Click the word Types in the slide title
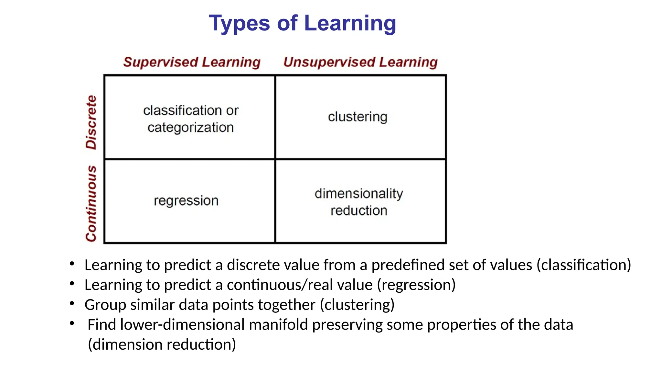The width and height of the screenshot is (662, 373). click(x=239, y=24)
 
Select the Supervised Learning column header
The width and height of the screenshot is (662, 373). click(x=192, y=62)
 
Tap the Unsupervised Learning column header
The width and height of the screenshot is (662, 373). click(x=360, y=62)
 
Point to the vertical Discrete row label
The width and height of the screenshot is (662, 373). click(x=91, y=122)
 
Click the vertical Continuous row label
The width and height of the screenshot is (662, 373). click(x=91, y=204)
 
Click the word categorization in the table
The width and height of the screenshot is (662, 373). click(x=190, y=128)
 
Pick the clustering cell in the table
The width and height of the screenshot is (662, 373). click(x=358, y=117)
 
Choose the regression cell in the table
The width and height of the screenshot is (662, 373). click(x=186, y=201)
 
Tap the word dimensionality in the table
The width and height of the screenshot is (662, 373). click(x=359, y=194)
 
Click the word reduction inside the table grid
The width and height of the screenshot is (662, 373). click(x=359, y=211)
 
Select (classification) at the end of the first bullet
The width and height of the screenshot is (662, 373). click(x=584, y=265)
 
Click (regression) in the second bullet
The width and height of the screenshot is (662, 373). click(x=416, y=285)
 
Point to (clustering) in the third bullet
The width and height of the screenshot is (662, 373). click(x=357, y=305)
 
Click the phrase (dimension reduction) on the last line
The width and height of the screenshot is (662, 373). click(x=162, y=345)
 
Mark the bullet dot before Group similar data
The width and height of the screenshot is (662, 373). click(x=72, y=303)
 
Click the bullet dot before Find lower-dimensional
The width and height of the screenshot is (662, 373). click(x=72, y=323)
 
